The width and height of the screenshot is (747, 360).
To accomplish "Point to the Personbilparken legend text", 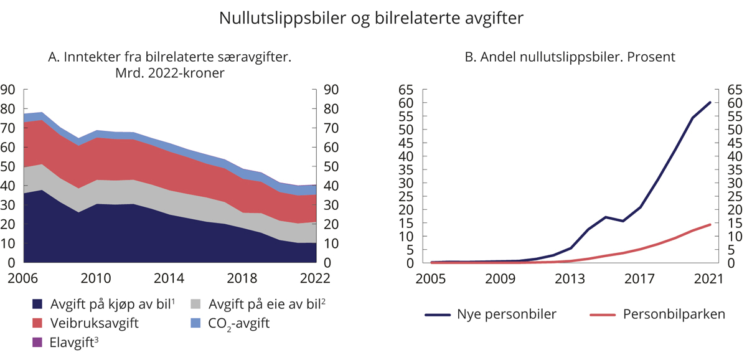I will (x=674, y=315).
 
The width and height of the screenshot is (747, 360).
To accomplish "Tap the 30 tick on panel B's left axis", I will (x=405, y=182).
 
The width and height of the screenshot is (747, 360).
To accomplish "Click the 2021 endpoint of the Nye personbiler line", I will (x=710, y=102).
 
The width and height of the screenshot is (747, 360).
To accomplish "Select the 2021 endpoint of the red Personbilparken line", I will (x=710, y=224).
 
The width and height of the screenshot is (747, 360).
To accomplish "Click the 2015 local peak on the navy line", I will (x=606, y=217).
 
